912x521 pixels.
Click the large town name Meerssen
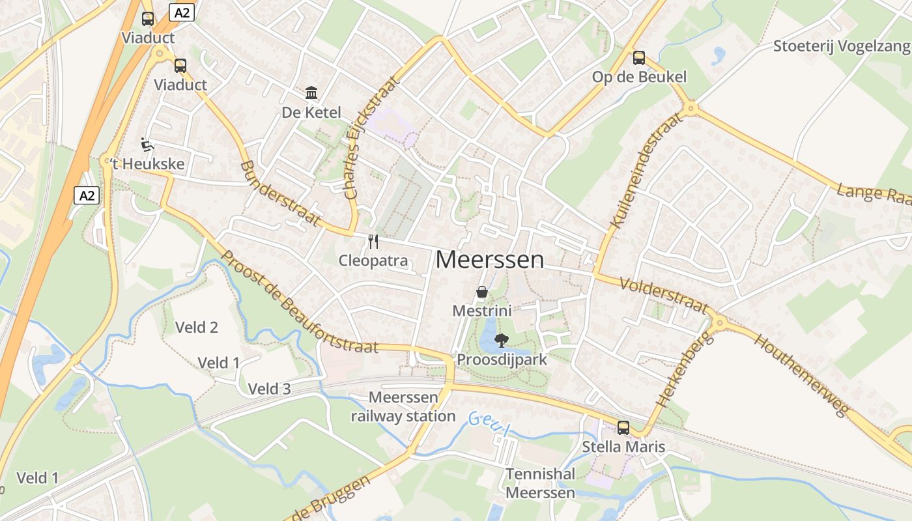tap(489, 259)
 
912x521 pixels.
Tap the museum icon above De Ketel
tap(311, 92)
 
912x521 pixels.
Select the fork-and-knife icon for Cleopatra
tap(373, 242)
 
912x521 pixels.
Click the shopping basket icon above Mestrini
tap(482, 292)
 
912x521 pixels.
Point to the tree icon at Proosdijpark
tap(501, 340)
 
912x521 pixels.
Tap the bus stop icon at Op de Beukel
tap(639, 58)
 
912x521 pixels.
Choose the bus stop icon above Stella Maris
tap(623, 427)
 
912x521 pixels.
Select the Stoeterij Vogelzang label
tap(841, 46)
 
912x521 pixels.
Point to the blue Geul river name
tap(489, 423)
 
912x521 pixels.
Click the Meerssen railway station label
tap(404, 406)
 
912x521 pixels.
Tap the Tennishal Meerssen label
tap(541, 483)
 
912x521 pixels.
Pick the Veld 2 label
tap(197, 327)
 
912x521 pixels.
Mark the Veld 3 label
tap(269, 389)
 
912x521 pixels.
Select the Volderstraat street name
tap(664, 295)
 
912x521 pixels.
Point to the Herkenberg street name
tap(682, 369)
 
